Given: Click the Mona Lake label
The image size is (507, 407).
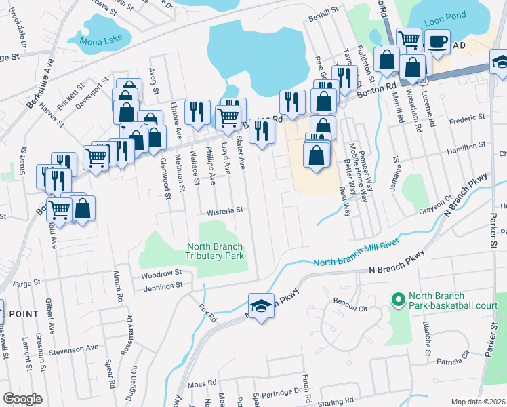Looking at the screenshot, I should [99, 40].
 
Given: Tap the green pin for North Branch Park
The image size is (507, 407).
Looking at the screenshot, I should [397, 298].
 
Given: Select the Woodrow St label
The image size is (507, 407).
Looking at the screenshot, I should [162, 274].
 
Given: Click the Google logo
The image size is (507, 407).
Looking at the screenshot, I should [22, 399].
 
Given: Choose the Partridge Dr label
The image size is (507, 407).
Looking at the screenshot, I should [283, 391].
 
